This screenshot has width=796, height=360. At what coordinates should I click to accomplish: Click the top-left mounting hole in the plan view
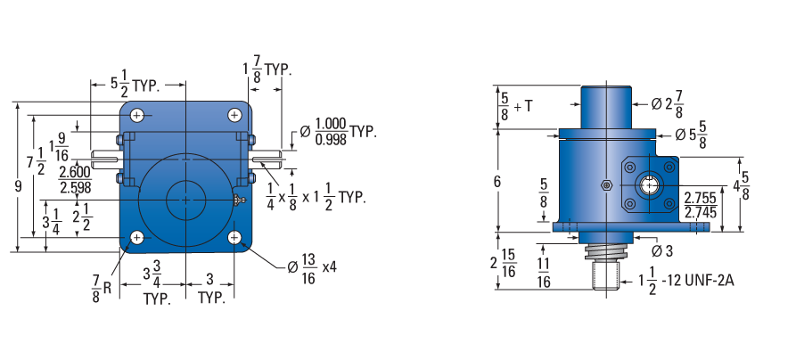pyautogui.click(x=137, y=115)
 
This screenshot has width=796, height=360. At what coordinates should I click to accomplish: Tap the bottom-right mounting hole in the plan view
pyautogui.click(x=234, y=237)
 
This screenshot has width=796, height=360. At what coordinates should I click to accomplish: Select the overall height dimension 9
pyautogui.click(x=18, y=187)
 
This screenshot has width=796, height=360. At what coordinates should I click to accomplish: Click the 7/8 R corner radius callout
pyautogui.click(x=101, y=288)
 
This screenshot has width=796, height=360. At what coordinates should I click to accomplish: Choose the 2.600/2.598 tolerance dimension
pyautogui.click(x=75, y=180)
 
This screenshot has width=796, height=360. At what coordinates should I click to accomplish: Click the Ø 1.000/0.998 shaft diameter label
pyautogui.click(x=338, y=132)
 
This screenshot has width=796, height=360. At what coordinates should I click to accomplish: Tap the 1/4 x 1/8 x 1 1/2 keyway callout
pyautogui.click(x=316, y=197)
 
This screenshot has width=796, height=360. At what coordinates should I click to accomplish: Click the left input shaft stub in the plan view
pyautogui.click(x=105, y=158)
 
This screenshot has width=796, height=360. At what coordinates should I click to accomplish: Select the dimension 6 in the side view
pyautogui.click(x=497, y=181)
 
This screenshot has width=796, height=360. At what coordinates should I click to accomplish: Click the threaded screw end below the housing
pyautogui.click(x=606, y=274)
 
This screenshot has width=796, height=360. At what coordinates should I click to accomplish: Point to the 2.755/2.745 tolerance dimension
pyautogui.click(x=700, y=205)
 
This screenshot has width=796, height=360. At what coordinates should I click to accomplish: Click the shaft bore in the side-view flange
pyautogui.click(x=649, y=186)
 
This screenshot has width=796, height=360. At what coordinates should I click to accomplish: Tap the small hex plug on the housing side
pyautogui.click(x=605, y=184)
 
